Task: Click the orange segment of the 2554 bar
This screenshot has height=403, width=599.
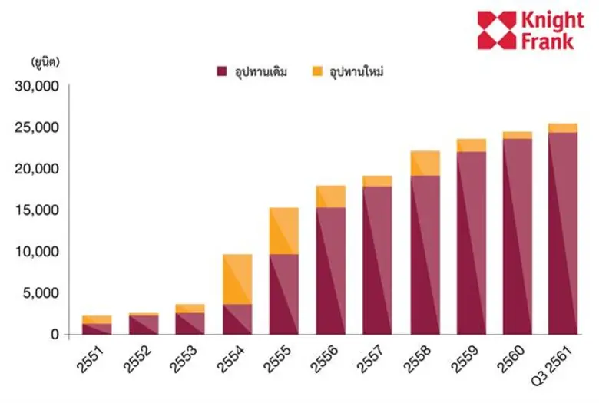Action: pos(237,279)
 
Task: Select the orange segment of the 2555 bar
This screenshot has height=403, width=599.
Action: pos(284,231)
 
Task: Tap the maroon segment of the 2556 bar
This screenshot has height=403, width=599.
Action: pos(331,271)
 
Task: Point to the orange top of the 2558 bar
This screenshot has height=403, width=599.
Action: pos(425,164)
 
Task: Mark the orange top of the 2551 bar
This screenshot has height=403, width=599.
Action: pos(97,319)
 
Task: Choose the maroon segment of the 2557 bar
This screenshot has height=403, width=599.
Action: pos(378,260)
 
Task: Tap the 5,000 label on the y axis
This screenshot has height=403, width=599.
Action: pos(41,292)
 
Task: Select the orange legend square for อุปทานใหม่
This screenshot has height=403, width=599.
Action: pos(316,71)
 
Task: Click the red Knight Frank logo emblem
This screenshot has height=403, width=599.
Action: pos(497,30)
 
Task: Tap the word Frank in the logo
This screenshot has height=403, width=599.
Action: pos(547,41)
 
